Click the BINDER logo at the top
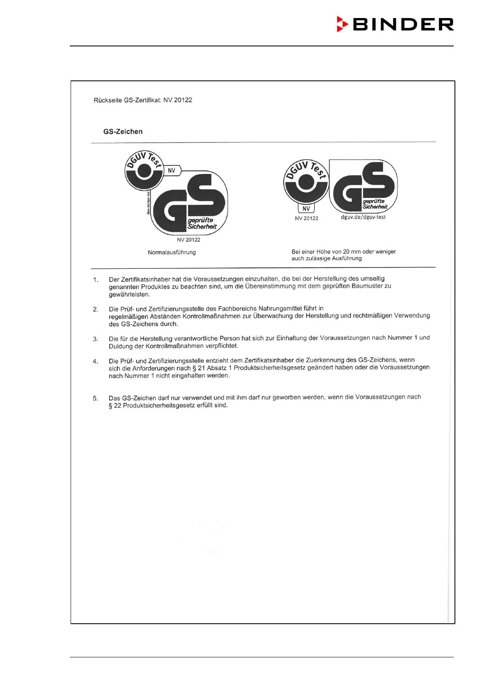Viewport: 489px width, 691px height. tap(395, 25)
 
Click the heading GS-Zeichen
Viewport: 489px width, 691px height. tap(123, 132)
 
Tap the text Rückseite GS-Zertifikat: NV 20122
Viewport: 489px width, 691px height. tap(143, 100)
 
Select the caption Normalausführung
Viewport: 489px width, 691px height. tap(172, 252)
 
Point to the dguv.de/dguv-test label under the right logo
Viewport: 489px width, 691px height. tap(363, 217)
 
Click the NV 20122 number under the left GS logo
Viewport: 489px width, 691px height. tap(188, 240)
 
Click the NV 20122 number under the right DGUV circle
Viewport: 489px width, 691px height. tap(306, 218)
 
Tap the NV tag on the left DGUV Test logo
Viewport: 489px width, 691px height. tap(172, 171)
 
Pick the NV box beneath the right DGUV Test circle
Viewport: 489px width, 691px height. tap(306, 208)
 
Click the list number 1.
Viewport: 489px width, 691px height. tap(96, 280)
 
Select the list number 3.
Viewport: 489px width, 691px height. tap(95, 339)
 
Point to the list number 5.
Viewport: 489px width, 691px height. tap(95, 398)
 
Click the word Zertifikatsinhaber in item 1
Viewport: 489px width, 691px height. tap(146, 279)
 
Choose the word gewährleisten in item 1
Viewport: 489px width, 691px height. tap(129, 295)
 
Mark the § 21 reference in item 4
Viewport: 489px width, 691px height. tap(199, 368)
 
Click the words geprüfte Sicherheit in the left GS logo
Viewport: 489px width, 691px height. tap(202, 224)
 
